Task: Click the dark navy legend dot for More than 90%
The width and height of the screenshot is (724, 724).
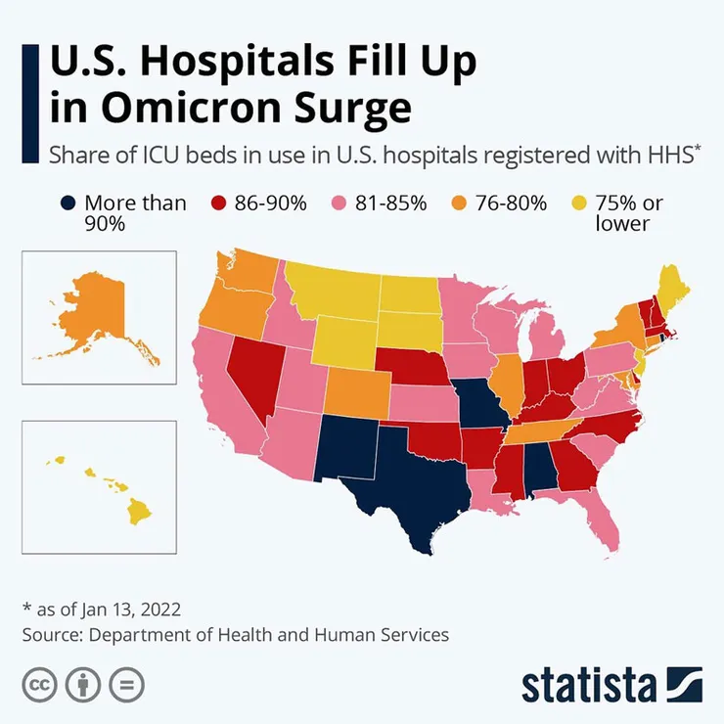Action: (x=68, y=204)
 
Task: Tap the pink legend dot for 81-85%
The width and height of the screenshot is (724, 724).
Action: (x=340, y=204)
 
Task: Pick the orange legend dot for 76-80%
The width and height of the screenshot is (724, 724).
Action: (x=460, y=204)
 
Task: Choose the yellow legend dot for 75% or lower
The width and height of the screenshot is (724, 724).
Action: (x=578, y=204)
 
